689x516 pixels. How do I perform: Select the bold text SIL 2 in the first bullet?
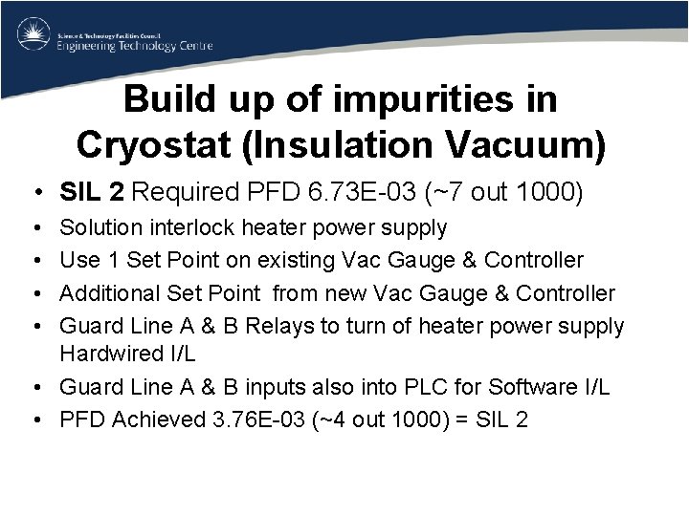92,193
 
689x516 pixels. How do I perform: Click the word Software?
533,387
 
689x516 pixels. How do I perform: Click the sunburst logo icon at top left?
33,35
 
